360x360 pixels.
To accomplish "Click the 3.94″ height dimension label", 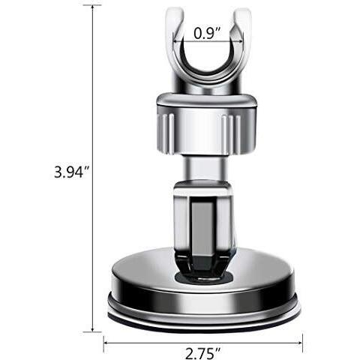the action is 72,172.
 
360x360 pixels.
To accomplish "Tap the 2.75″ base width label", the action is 203,353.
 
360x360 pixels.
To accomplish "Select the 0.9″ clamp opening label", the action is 208,33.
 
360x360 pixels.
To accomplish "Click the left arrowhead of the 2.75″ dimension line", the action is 106,343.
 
